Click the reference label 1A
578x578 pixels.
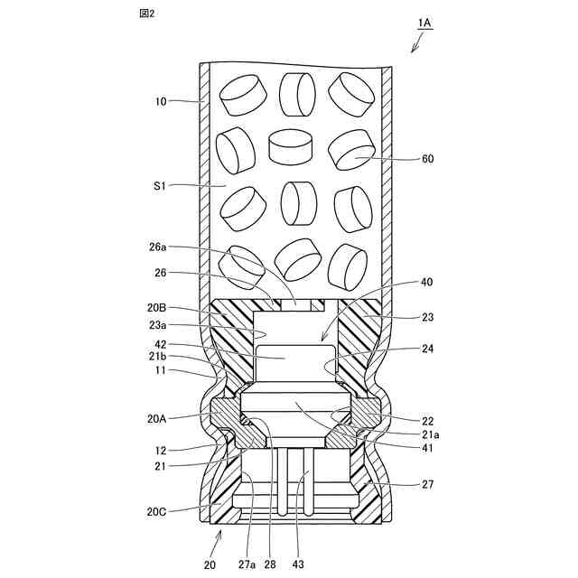424,23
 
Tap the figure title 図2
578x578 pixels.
146,14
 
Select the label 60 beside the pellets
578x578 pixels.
427,159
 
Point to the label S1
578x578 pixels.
160,186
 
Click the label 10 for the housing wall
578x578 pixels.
161,101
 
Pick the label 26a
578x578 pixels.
157,247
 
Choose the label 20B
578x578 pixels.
156,308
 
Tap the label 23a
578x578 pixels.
157,325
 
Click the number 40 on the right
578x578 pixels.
426,282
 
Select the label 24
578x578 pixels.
427,349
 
